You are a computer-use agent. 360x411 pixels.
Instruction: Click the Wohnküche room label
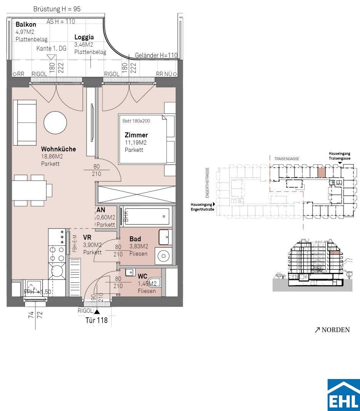pos(59,149)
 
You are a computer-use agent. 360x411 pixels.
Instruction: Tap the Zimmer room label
pos(136,135)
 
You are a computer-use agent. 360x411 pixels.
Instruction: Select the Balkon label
pos(26,24)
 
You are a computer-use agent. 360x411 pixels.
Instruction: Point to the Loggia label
pos(84,37)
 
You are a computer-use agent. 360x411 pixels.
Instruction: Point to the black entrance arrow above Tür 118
pos(97,312)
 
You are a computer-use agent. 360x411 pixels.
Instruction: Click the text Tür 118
pos(96,320)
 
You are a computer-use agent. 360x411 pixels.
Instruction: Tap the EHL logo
pos(344,395)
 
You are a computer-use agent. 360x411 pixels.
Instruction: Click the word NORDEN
pos(336,330)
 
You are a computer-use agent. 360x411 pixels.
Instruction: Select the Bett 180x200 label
pos(136,121)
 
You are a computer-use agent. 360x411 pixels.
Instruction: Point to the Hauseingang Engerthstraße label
pos(202,207)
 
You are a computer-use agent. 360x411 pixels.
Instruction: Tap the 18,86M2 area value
pos(52,156)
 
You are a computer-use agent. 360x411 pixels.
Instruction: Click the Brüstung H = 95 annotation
pos(57,9)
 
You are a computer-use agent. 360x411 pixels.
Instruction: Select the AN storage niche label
pos(101,210)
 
